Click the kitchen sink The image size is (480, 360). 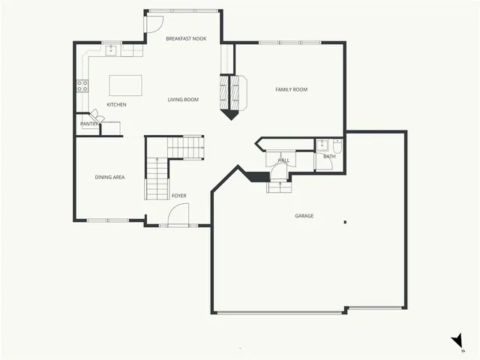[111, 51]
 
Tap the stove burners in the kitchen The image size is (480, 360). [82, 85]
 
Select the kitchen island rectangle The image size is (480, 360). [125, 83]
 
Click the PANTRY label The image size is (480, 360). [89, 124]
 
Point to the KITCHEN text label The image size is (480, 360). [116, 105]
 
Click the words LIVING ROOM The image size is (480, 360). [183, 99]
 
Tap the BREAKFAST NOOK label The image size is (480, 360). [186, 38]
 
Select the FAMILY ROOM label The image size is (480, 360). [291, 90]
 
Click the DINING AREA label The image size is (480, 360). [109, 177]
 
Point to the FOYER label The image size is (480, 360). [178, 196]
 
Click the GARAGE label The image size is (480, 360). [304, 216]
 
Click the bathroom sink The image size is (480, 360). [322, 144]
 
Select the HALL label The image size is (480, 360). [283, 160]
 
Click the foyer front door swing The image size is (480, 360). [180, 216]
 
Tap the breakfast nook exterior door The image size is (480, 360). [152, 22]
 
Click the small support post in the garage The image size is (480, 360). [345, 221]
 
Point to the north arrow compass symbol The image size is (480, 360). [457, 341]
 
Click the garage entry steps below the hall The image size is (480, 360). [279, 187]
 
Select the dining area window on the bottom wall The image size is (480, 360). [107, 220]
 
